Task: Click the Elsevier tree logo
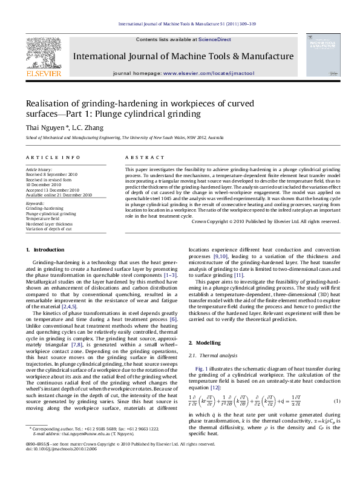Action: (43, 55)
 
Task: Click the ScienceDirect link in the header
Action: (215, 39)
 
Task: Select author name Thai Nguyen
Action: (41, 128)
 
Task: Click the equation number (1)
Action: (336, 385)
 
